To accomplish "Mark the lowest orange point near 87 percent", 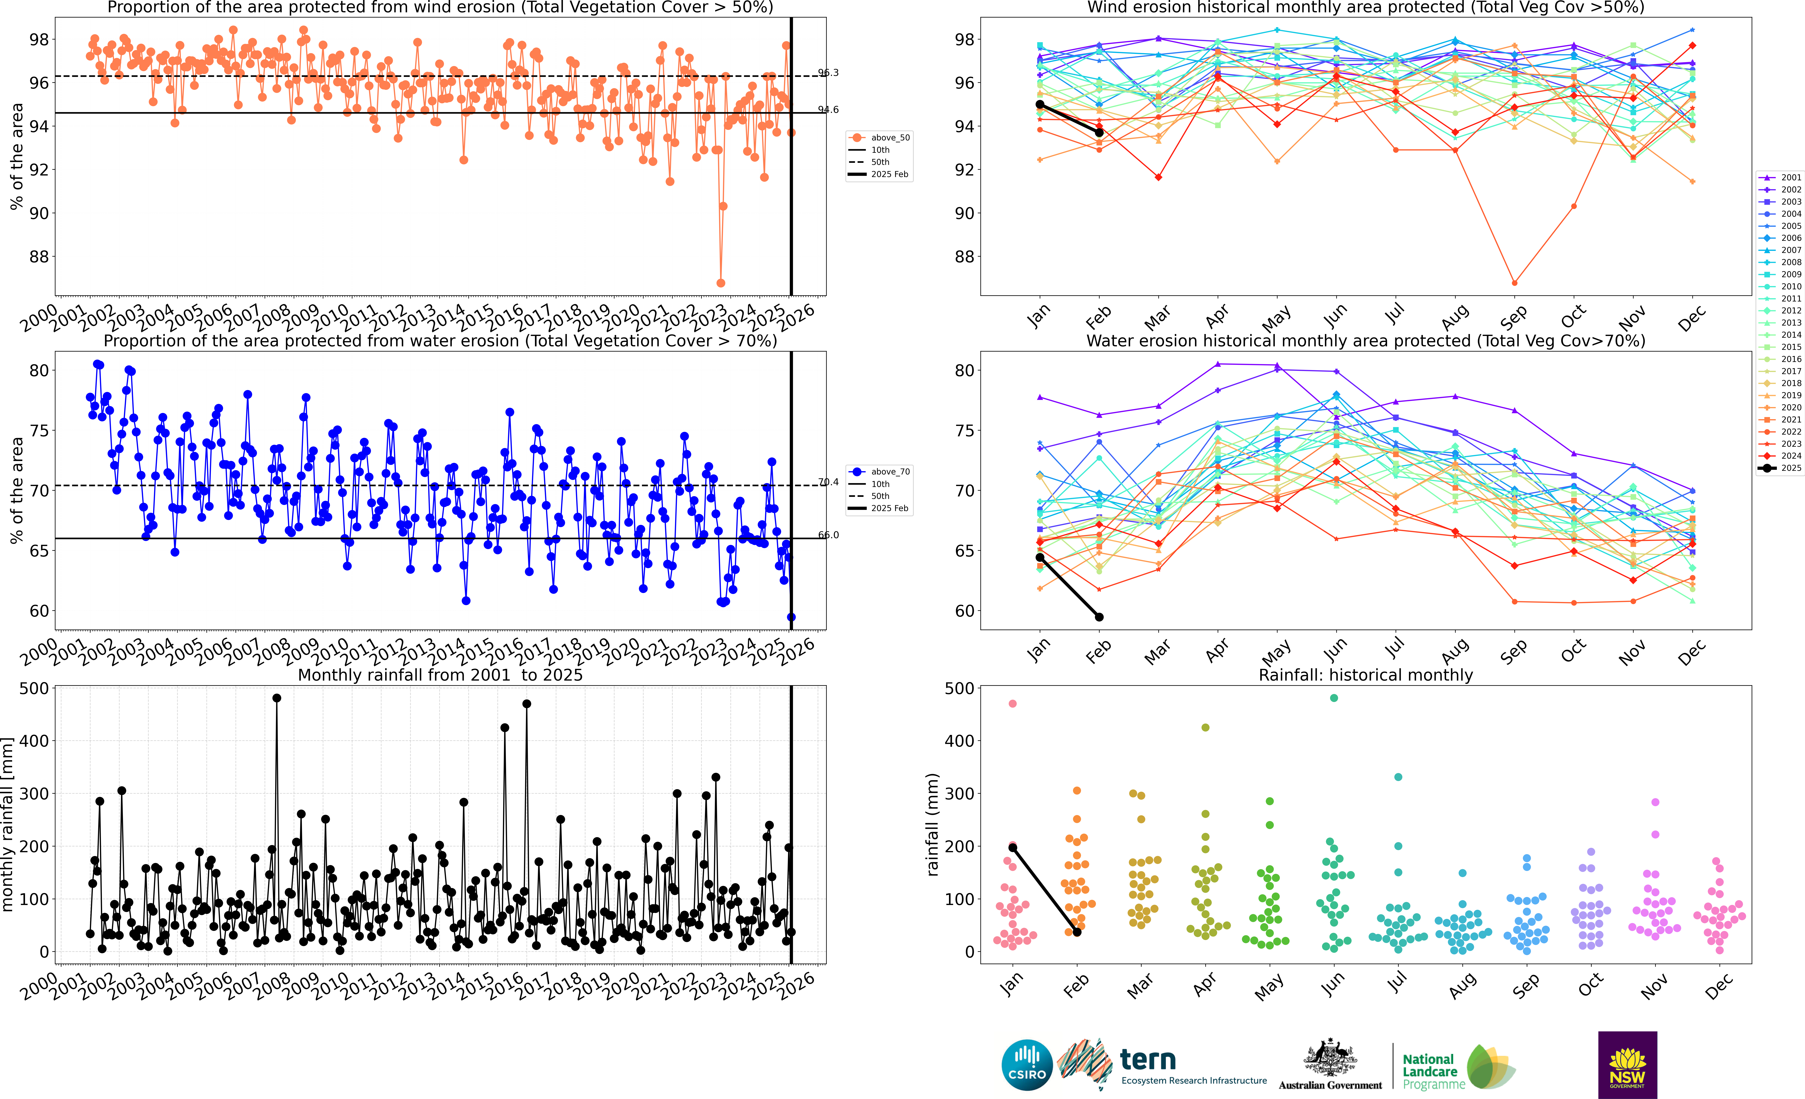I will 721,283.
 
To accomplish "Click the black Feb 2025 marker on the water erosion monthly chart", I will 1099,617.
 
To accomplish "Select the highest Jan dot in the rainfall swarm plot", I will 1012,703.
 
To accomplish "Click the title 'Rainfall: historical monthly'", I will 1366,675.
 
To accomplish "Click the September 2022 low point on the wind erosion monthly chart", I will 1514,283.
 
